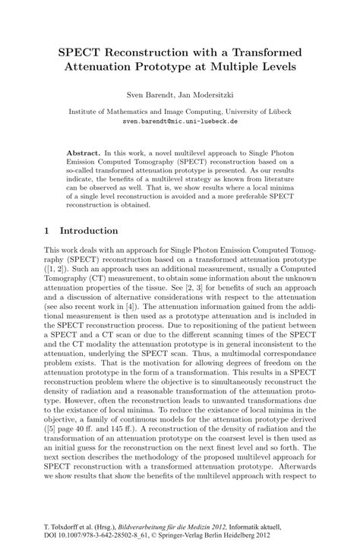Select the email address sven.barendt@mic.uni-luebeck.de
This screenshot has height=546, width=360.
pos(180,121)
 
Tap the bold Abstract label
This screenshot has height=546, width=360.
pos(84,153)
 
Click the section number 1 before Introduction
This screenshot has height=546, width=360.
pos(47,230)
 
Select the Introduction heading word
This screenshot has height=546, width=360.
pos(89,230)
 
